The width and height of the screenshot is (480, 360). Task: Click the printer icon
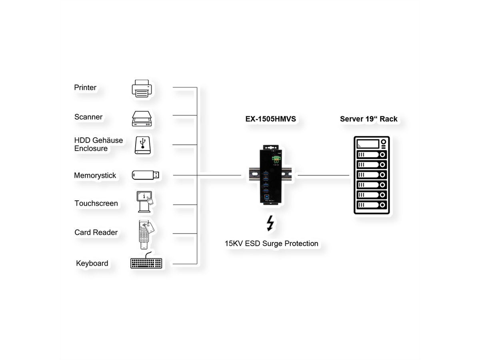coord(142,88)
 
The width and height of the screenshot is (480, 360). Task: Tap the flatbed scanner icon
coord(142,118)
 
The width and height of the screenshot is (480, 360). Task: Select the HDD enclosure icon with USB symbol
coord(142,145)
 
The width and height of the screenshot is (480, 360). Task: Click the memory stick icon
coord(146,175)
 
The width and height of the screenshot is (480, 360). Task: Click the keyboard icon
coord(146,262)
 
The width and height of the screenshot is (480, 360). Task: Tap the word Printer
coord(85,88)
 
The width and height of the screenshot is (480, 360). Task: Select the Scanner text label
coord(88,117)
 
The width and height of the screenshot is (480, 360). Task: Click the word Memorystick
coord(95,176)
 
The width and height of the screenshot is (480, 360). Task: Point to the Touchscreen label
coord(96,204)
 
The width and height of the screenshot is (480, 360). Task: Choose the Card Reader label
coord(96,232)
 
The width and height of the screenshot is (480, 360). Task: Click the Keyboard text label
coord(92,263)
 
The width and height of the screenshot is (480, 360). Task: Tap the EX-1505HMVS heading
coord(270,119)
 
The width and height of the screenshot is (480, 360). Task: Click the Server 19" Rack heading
coord(369,119)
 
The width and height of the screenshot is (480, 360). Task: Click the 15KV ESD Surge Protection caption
coord(272,243)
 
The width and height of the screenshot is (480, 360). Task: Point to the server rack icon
coord(372,175)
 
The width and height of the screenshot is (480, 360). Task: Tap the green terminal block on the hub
coord(276,159)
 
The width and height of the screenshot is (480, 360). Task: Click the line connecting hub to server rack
coord(323,175)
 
